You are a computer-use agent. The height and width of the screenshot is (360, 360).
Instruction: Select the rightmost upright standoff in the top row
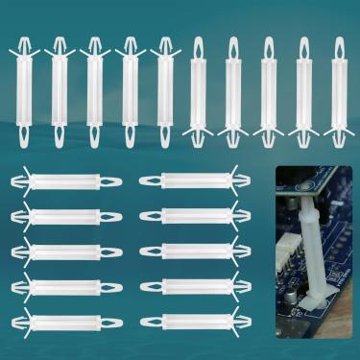click(x=337, y=91)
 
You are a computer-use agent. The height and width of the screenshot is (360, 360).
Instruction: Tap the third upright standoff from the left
click(x=95, y=91)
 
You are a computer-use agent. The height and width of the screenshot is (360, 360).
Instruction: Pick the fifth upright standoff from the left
click(x=163, y=91)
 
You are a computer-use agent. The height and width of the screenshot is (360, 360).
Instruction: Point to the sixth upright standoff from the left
click(x=198, y=91)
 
